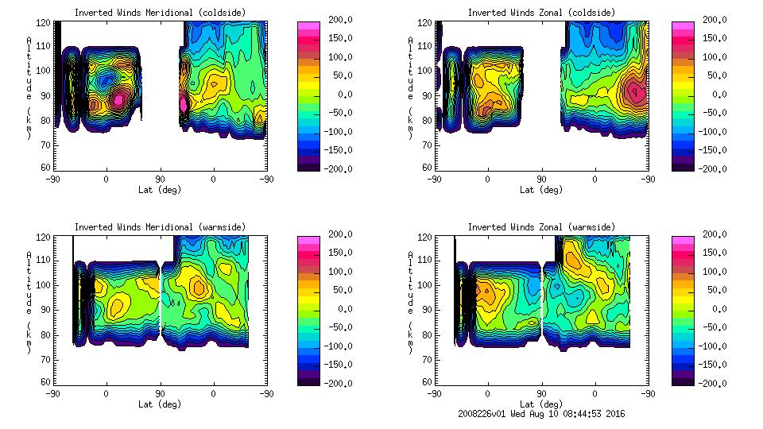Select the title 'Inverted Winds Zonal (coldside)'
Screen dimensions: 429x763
tap(540, 12)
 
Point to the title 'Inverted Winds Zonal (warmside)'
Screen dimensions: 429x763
tap(540, 226)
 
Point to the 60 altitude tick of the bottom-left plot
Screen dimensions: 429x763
tap(46, 382)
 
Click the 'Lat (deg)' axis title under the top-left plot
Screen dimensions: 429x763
tap(160, 190)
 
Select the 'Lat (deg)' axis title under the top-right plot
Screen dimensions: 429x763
tap(541, 190)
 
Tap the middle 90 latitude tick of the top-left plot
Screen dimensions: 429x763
tap(160, 180)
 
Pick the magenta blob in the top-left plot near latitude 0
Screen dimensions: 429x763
tap(118, 99)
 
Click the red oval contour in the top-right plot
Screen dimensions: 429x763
tap(635, 92)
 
